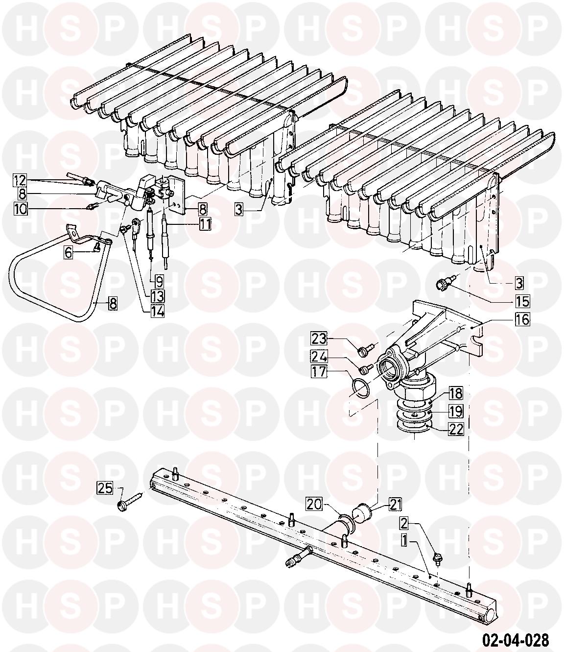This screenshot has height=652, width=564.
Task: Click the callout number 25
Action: tap(105, 488)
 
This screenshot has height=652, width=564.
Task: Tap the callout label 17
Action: tap(319, 371)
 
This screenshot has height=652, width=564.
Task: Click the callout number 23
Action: tap(319, 339)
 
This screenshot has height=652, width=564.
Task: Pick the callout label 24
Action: tap(319, 357)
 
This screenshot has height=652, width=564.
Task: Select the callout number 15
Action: tap(522, 301)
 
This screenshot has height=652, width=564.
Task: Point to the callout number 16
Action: tap(522, 319)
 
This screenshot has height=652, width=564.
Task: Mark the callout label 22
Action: tap(456, 429)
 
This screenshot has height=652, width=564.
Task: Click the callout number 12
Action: tap(20, 180)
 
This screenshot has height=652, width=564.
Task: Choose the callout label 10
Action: tap(20, 209)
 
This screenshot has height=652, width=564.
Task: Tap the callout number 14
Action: tap(158, 312)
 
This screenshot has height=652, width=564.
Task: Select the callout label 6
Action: tap(69, 252)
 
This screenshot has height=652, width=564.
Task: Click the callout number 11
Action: tap(205, 224)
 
